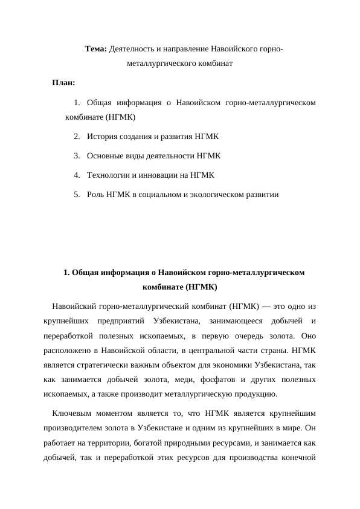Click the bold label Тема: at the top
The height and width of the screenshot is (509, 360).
click(95, 48)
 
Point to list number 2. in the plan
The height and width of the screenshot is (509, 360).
click(77, 136)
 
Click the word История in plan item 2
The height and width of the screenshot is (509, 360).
click(104, 136)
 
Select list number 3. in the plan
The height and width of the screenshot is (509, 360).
click(77, 155)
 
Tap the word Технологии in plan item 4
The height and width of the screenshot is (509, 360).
click(111, 175)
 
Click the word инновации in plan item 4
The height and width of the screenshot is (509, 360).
click(162, 175)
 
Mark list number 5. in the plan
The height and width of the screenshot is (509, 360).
click(77, 195)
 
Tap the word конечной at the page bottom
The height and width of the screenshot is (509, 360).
click(297, 458)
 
